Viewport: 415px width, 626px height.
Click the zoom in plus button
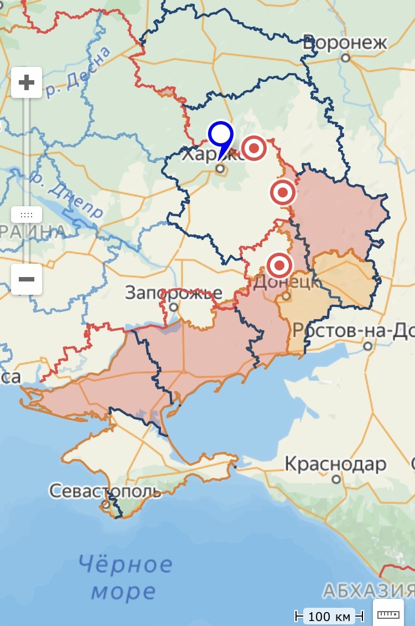26,82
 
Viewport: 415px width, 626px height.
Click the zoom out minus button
26,279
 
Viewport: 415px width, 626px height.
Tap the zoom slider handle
26,215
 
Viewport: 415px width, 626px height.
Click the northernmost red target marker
254,148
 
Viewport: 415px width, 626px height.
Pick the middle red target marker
283,193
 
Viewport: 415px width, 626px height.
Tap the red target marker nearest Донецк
279,266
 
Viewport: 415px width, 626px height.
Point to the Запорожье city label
173,293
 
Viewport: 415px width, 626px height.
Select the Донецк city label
286,283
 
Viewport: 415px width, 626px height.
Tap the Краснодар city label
335,464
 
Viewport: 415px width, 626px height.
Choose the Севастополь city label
105,491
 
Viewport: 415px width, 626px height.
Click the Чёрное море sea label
124,578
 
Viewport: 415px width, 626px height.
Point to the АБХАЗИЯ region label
368,591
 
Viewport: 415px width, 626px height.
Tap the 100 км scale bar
329,615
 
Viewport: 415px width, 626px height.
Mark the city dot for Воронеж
346,58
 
